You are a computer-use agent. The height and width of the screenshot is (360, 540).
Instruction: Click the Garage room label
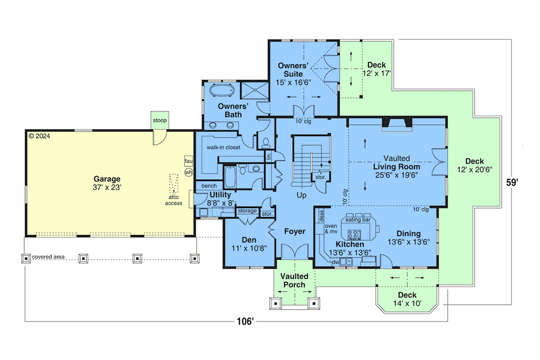pyautogui.click(x=107, y=179)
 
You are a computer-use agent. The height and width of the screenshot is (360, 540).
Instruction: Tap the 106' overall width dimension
pyautogui.click(x=245, y=321)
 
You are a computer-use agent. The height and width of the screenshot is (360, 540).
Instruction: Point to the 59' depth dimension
pyautogui.click(x=512, y=183)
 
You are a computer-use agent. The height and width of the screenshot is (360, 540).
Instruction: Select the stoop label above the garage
pyautogui.click(x=160, y=120)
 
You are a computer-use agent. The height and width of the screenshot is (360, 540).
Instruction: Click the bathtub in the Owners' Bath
pyautogui.click(x=222, y=90)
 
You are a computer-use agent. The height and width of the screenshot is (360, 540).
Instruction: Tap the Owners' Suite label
pyautogui.click(x=293, y=70)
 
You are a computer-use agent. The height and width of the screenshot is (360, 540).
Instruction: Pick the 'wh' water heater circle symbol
pyautogui.click(x=189, y=172)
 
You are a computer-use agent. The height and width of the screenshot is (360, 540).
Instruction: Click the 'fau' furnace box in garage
pyautogui.click(x=189, y=161)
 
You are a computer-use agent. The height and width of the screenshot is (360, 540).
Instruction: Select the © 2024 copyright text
pyautogui.click(x=39, y=136)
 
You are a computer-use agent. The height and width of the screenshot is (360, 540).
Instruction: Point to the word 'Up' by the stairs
pyautogui.click(x=301, y=195)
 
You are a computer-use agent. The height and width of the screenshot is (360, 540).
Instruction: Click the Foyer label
pyautogui.click(x=295, y=231)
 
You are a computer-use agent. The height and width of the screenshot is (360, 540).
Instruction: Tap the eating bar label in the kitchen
pyautogui.click(x=358, y=220)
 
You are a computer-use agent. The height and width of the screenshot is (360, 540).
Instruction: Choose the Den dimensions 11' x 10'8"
pyautogui.click(x=249, y=248)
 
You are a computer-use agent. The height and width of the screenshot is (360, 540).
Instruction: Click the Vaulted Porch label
pyautogui.click(x=294, y=280)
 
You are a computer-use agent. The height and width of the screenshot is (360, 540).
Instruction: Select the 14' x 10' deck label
pyautogui.click(x=407, y=303)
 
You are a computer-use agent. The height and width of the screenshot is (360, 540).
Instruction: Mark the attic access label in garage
pyautogui.click(x=174, y=200)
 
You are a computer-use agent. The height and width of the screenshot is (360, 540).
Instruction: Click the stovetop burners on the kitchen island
pyautogui.click(x=354, y=234)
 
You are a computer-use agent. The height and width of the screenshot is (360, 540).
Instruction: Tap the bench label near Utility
pyautogui.click(x=209, y=186)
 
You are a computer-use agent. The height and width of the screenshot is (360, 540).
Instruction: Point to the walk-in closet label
pyautogui.click(x=224, y=147)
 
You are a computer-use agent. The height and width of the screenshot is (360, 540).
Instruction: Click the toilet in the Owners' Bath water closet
pyautogui.click(x=266, y=143)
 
